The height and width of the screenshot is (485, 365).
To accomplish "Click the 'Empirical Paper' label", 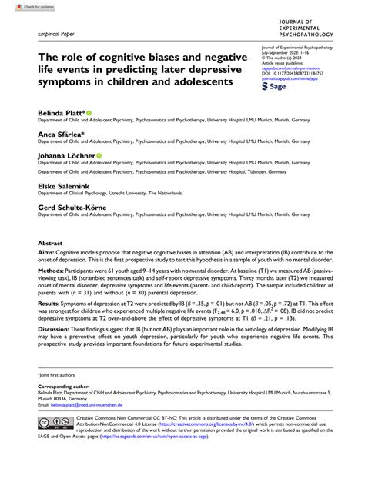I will pos(56,35).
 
